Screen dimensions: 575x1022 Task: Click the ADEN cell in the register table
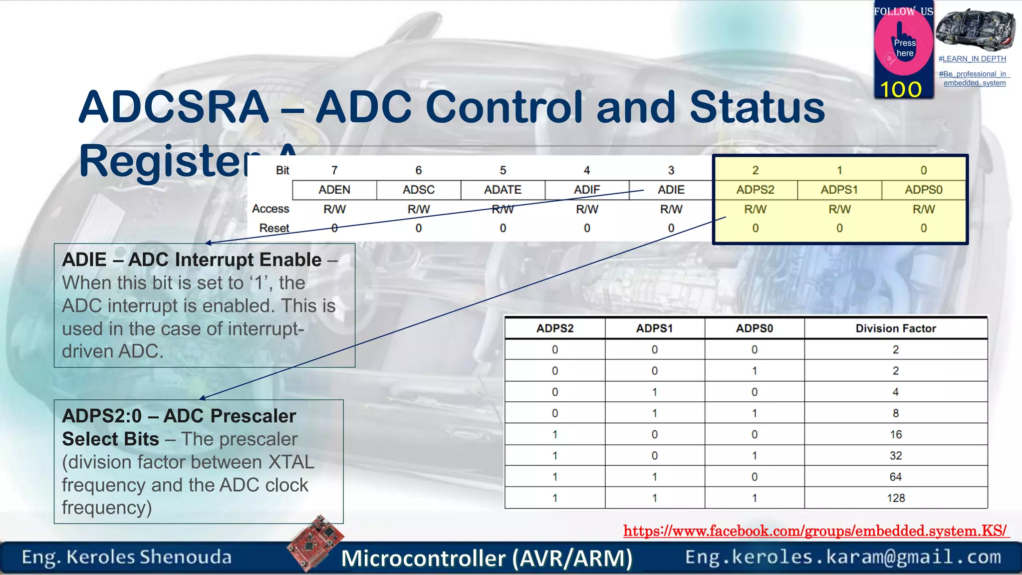334,190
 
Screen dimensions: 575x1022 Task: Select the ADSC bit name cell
418,190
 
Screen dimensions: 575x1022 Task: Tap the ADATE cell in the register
503,190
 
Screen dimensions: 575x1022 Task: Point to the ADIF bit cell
586,190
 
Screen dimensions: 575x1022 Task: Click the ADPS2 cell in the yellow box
755,190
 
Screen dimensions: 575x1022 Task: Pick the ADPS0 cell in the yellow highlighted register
923,190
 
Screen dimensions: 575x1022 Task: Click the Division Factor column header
895,328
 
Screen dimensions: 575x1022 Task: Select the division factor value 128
895,498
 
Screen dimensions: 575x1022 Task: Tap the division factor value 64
895,477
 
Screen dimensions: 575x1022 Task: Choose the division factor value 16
895,434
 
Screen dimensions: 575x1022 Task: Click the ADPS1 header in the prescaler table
654,328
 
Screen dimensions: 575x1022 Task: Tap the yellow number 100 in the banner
901,89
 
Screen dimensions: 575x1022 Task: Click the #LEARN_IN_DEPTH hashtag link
972,59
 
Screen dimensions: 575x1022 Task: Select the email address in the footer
843,557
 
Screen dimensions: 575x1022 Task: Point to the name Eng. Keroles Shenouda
127,557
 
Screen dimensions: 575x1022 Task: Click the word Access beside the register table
270,209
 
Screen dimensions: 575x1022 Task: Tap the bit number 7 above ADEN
334,170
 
